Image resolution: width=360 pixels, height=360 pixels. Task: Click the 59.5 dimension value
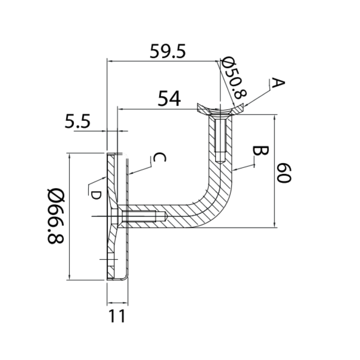coord(167,51)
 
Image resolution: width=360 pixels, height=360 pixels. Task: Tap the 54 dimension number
coord(169,98)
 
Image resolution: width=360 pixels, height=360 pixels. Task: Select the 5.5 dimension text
coord(77,121)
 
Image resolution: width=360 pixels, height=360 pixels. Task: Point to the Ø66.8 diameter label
coord(56,216)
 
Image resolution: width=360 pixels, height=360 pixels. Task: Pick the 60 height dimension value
coord(284,173)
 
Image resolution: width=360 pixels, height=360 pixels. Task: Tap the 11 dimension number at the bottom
coord(117,316)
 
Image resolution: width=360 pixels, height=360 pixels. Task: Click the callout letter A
coord(278,83)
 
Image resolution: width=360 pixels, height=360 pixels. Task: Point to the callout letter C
coord(159,157)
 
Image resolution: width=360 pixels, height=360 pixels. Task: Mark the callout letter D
coord(96,195)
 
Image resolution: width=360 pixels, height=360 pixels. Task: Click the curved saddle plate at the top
coord(220,109)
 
